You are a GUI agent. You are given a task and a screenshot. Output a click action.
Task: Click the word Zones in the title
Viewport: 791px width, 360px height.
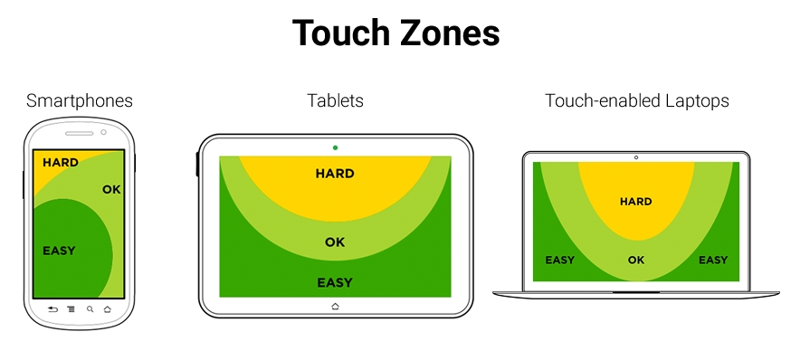(449, 33)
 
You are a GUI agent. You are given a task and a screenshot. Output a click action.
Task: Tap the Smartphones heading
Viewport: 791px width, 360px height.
(80, 100)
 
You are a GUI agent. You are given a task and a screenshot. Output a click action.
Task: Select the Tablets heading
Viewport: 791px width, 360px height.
(335, 100)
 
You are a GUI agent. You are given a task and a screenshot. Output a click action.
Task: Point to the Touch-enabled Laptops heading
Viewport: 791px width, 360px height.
(636, 100)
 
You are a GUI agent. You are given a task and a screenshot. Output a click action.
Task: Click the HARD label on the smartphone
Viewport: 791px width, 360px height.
(60, 163)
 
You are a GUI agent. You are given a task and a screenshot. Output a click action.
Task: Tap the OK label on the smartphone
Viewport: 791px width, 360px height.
(111, 189)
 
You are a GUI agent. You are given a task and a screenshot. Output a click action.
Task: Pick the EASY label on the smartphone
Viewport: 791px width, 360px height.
(59, 251)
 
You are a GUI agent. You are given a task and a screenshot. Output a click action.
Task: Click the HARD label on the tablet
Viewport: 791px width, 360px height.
(335, 174)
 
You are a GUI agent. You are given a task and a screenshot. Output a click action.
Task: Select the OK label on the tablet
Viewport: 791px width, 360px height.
(335, 242)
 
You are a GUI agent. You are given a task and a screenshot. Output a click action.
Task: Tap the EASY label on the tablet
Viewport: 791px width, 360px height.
(335, 283)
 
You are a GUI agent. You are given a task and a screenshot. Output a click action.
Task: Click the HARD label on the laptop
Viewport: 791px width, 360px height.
(635, 202)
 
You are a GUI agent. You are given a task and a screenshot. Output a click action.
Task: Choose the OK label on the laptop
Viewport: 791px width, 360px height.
(635, 261)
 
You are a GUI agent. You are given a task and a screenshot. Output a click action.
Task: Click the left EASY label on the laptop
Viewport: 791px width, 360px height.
(559, 261)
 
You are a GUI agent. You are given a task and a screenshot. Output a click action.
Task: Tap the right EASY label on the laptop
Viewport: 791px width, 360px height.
(712, 261)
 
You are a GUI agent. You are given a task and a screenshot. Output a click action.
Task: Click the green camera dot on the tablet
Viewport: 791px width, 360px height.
(335, 147)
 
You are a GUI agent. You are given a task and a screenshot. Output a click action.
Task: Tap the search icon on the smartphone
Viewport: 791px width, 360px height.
(90, 309)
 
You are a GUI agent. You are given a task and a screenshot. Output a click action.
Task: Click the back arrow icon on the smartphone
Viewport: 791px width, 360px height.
(52, 309)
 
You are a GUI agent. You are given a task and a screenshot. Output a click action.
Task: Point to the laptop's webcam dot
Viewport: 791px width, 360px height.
(635, 157)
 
